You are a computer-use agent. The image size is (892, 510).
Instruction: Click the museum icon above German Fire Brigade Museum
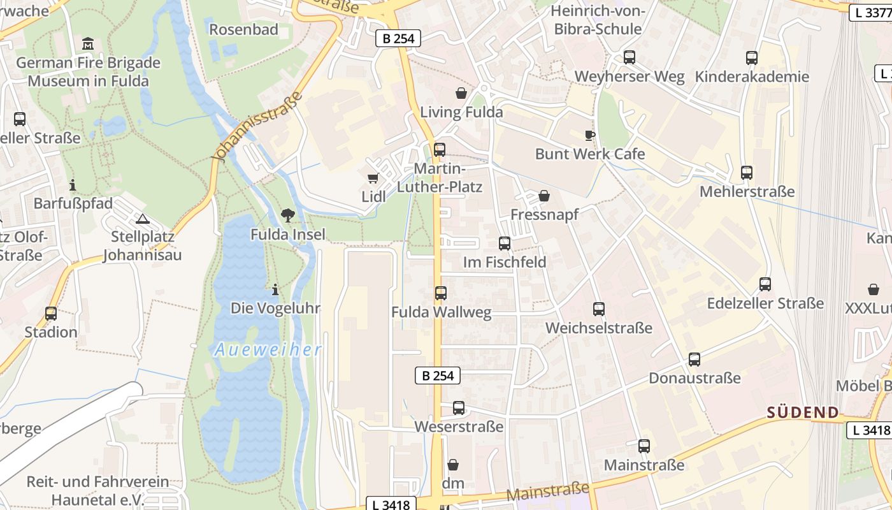coord(88,43)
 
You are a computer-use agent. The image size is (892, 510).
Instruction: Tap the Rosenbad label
coord(244,29)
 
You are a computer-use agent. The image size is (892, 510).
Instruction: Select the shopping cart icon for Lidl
coord(373,178)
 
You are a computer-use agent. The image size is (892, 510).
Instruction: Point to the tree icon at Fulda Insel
coord(288,215)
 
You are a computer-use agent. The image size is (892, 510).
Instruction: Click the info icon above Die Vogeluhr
coord(275,289)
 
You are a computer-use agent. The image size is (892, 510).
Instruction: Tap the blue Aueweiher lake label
coord(268,350)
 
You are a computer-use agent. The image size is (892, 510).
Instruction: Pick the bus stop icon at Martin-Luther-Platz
coord(440,150)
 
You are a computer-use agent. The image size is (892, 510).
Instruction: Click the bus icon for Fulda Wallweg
coord(441,293)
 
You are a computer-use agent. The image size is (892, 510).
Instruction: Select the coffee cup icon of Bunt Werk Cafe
coord(590,135)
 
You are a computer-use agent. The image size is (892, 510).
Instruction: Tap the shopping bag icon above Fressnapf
coord(544,196)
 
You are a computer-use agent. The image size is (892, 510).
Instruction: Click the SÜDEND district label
coord(803,412)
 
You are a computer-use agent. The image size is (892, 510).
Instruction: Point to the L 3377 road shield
coord(870,12)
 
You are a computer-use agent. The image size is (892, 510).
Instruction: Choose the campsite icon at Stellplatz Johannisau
coord(142,219)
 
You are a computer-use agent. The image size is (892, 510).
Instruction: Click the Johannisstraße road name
coord(258,127)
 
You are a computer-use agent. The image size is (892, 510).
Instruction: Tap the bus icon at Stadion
coord(51,314)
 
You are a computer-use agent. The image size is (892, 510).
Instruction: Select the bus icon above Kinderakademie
coord(752,58)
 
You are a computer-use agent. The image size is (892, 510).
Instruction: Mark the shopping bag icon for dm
coord(453,465)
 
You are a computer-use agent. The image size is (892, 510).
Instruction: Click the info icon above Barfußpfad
coord(73,185)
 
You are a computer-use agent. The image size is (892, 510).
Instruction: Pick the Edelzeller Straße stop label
coord(765,303)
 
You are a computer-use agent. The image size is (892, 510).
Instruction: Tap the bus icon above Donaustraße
coord(694,360)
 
